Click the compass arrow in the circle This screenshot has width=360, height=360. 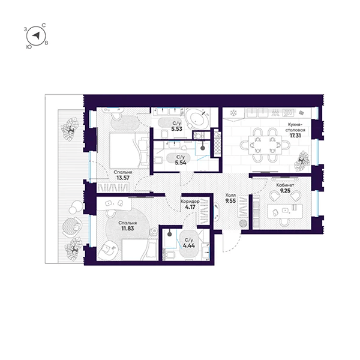pyautogui.click(x=36, y=35)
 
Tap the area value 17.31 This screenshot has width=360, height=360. pyautogui.click(x=295, y=136)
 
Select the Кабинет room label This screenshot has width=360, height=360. pyautogui.click(x=285, y=185)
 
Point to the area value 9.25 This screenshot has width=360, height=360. pyautogui.click(x=285, y=191)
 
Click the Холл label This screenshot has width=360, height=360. pyautogui.click(x=230, y=195)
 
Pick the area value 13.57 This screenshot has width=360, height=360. pyautogui.click(x=123, y=178)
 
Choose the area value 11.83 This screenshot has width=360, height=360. pyautogui.click(x=127, y=229)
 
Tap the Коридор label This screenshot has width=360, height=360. pyautogui.click(x=190, y=202)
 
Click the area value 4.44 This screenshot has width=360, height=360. pyautogui.click(x=189, y=245)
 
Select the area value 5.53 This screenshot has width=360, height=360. pyautogui.click(x=176, y=129)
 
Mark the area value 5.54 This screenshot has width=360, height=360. pyautogui.click(x=180, y=163)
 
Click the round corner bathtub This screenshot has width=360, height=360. pyautogui.click(x=197, y=119)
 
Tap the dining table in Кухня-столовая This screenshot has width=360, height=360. pyautogui.click(x=265, y=145)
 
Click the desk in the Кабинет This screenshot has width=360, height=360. pyautogui.click(x=285, y=211)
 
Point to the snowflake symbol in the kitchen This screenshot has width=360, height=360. pyautogui.click(x=233, y=113)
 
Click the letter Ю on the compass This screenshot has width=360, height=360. pyautogui.click(x=29, y=47)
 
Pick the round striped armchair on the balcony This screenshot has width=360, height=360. pyautogui.click(x=71, y=227)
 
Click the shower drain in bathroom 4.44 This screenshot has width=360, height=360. pyautogui.click(x=169, y=234)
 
